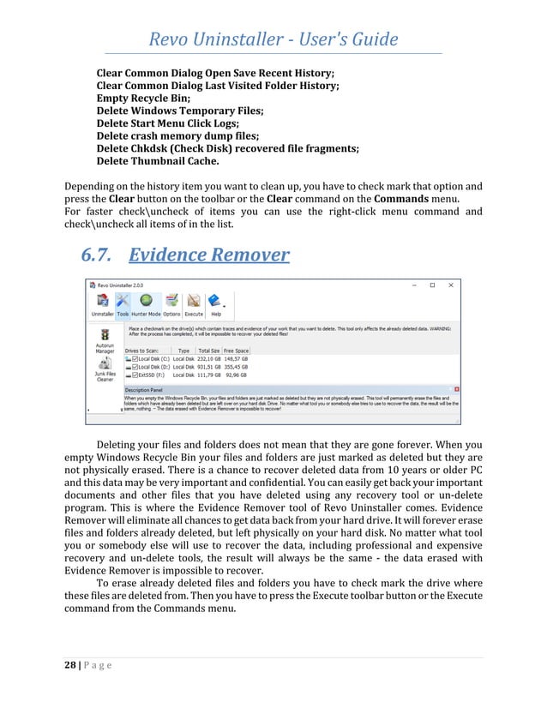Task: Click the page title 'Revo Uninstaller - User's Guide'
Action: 273,39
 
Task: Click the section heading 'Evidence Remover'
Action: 208,255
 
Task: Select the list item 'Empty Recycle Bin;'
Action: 144,99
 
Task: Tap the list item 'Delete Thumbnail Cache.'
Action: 158,160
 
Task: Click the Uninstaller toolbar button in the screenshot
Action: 103,304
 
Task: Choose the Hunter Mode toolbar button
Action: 146,304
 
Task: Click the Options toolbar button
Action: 171,304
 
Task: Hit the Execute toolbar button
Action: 195,304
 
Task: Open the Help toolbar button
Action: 216,304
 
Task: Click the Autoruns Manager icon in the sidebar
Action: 104,339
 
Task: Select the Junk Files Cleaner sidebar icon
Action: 104,373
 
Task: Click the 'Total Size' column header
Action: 209,351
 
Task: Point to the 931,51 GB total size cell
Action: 209,367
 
